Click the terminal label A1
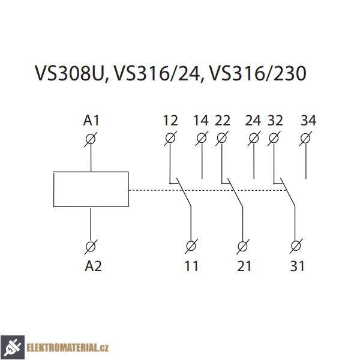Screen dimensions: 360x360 (x=91, y=121)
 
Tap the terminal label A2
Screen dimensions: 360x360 (x=93, y=266)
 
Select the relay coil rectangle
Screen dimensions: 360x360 (x=91, y=189)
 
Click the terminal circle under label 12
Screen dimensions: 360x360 (x=170, y=138)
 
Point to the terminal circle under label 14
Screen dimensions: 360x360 (x=202, y=138)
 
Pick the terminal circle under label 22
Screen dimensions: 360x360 (x=222, y=138)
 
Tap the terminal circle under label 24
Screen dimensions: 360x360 (x=254, y=138)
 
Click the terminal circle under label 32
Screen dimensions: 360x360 (x=274, y=138)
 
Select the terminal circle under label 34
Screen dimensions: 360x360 (x=305, y=139)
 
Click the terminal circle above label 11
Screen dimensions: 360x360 (x=191, y=246)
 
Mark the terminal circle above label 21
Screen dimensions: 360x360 (x=242, y=247)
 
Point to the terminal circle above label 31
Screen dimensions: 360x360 (x=296, y=246)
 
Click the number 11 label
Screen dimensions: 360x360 (x=191, y=266)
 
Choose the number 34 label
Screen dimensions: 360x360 (x=308, y=121)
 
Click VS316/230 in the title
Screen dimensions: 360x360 (x=258, y=73)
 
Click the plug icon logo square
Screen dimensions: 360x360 (x=13, y=347)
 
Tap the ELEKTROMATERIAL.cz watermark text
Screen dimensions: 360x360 (x=67, y=348)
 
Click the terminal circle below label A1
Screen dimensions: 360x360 (x=91, y=139)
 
